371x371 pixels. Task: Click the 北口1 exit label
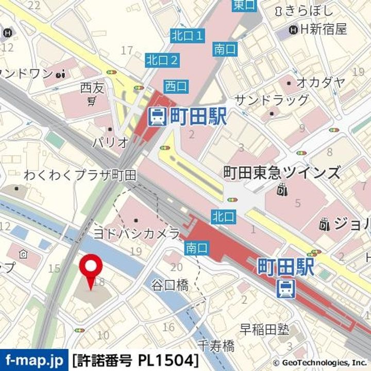point(187,36)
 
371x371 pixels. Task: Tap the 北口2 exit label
point(162,60)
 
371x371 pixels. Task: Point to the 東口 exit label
point(244,5)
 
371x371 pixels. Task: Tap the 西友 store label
point(92,88)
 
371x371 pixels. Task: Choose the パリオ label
point(109,143)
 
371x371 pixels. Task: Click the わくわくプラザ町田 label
point(80,175)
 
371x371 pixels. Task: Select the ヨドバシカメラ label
point(136,233)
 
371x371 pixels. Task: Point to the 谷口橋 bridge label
point(170,284)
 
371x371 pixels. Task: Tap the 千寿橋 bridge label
point(216,345)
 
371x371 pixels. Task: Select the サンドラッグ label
point(271,100)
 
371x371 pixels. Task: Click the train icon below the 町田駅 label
point(284,289)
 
